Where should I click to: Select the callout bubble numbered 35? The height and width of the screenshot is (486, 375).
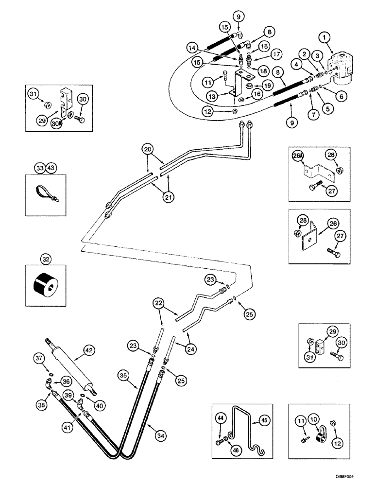coord(124,375)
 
